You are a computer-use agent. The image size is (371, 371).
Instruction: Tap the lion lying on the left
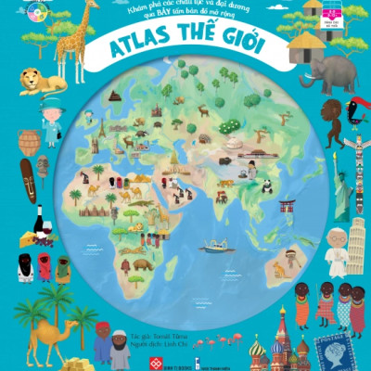(x=41, y=82)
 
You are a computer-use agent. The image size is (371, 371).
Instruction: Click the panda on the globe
(x=265, y=185)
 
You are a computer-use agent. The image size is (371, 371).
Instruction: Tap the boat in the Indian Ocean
(x=215, y=247)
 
